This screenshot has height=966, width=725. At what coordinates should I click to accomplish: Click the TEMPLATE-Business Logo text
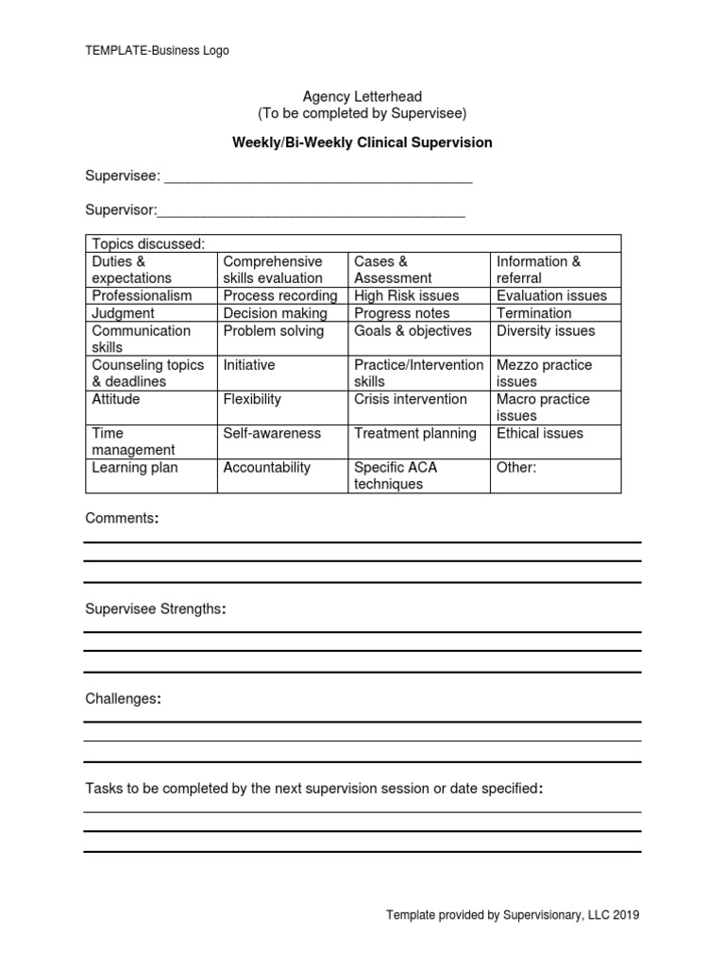pos(157,51)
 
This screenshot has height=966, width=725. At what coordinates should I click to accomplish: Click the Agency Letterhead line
pos(362,96)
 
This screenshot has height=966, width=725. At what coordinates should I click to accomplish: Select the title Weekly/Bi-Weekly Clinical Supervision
pos(362,143)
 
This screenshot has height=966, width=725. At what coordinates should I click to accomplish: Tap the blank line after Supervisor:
pos(312,211)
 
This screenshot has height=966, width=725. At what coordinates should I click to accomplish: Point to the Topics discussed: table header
pos(148,244)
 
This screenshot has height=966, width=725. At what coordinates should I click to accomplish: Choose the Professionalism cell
pos(142,296)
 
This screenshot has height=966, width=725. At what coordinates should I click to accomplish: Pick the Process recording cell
pos(279,296)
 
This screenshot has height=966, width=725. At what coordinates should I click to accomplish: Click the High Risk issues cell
pos(406,296)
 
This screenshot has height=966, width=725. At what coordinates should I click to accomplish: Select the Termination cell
pos(534,313)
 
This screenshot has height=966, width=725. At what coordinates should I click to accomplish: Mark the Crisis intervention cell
pos(410,400)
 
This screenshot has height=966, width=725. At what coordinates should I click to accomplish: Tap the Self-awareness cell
pos(272,434)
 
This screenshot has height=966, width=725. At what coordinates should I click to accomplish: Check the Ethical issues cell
pos(540,434)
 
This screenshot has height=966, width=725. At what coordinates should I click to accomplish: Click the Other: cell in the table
pos(516,468)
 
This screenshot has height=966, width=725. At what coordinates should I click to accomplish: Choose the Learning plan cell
pos(135,468)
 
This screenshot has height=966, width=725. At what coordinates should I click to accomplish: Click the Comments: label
pos(122,519)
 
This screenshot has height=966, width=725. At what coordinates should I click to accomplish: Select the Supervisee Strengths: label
pos(156,609)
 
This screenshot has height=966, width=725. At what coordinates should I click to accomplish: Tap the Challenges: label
pos(123,699)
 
